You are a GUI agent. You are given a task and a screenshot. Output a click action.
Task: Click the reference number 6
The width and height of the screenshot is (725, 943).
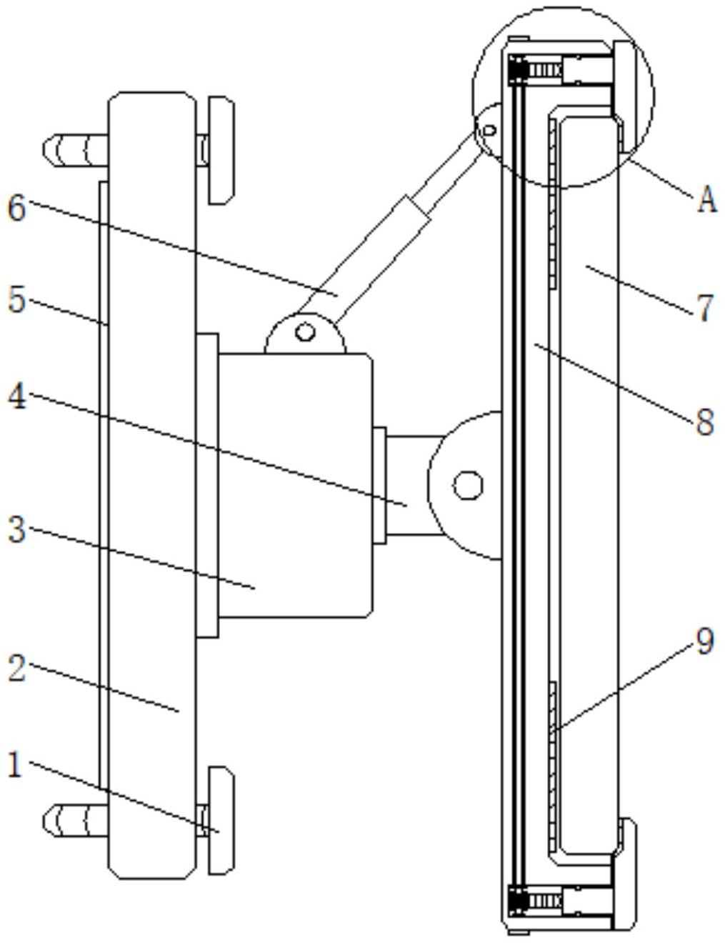point(16,208)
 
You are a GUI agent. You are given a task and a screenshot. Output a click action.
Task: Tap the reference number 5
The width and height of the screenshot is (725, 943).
point(16,300)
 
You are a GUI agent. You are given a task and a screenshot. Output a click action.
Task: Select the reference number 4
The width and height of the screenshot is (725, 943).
point(16,397)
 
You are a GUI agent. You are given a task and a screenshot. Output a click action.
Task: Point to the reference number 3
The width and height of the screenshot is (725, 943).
point(16,530)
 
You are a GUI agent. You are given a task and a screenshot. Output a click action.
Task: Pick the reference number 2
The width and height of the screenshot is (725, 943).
point(16,669)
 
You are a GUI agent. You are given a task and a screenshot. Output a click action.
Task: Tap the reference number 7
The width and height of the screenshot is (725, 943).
point(705,309)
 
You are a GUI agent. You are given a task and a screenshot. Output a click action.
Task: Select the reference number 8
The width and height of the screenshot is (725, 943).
point(705,421)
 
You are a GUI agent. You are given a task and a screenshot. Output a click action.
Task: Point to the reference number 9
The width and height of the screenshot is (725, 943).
point(705,642)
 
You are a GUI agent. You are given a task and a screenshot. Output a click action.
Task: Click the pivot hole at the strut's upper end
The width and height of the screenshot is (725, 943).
point(489,131)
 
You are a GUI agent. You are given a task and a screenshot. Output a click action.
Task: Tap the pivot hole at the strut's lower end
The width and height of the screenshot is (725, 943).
point(306,332)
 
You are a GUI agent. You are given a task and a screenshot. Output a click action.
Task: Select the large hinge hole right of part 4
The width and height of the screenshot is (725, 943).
point(468,485)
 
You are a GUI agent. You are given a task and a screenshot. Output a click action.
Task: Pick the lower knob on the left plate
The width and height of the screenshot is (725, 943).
point(221,820)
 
